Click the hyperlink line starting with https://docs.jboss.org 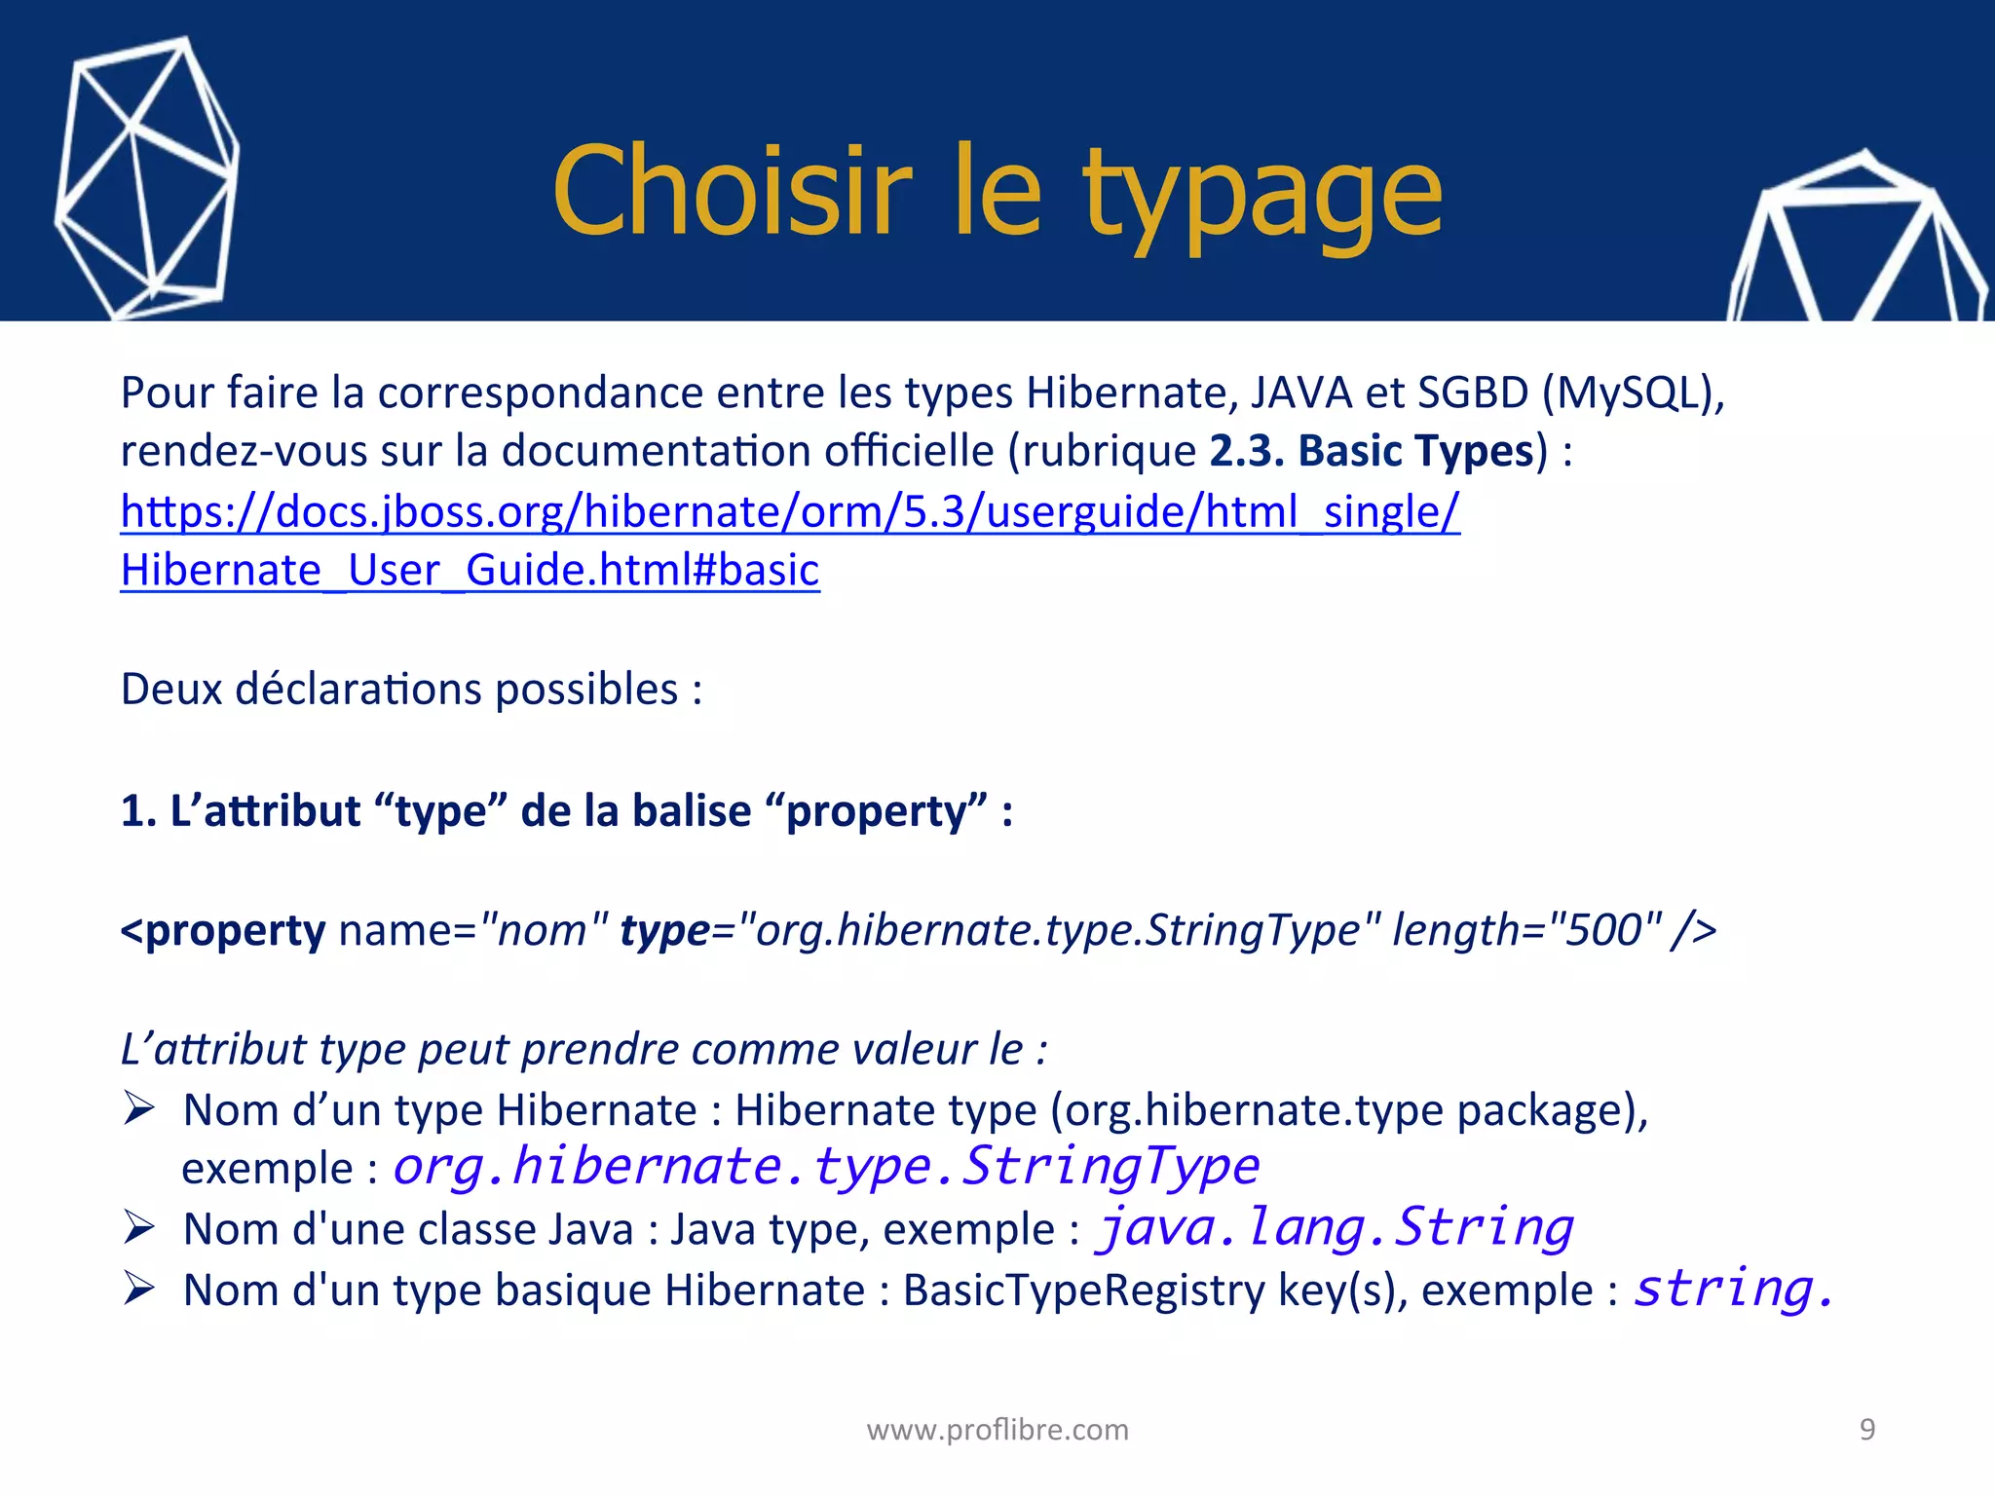pyautogui.click(x=789, y=511)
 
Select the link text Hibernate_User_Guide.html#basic pyautogui.click(x=470, y=571)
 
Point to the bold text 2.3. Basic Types pyautogui.click(x=1372, y=451)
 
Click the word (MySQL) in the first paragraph pyautogui.click(x=1633, y=393)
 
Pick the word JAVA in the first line pyautogui.click(x=1300, y=393)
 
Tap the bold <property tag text pyautogui.click(x=223, y=930)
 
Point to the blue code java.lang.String pyautogui.click(x=1335, y=1227)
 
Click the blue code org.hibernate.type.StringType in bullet pyautogui.click(x=826, y=1167)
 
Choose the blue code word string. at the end pyautogui.click(x=1733, y=1289)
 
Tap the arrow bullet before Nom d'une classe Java pyautogui.click(x=139, y=1227)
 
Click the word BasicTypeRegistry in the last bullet pyautogui.click(x=1083, y=1290)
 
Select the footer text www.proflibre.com pyautogui.click(x=997, y=1430)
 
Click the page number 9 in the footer pyautogui.click(x=1867, y=1429)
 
